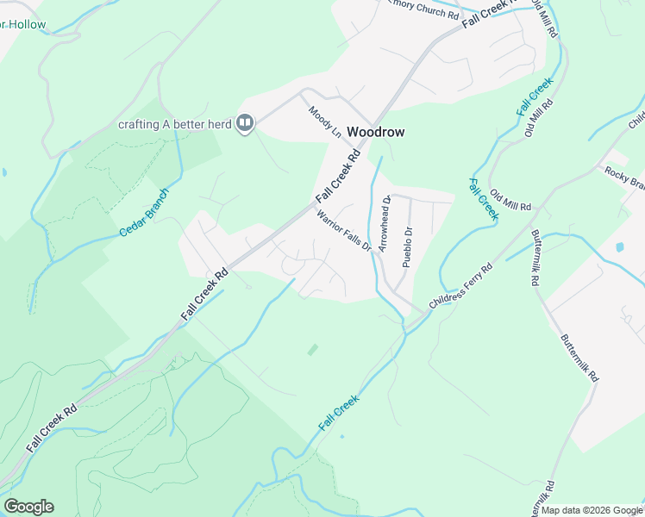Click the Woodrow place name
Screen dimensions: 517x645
tap(375, 133)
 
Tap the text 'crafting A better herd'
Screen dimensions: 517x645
tap(175, 124)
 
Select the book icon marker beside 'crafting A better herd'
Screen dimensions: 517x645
tap(246, 124)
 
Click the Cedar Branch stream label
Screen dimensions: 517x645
tap(143, 213)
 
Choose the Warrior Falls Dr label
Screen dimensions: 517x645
tap(343, 231)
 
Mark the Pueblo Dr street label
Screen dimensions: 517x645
tap(408, 245)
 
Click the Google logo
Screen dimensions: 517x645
tap(28, 507)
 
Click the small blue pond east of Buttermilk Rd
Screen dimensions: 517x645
tap(619, 247)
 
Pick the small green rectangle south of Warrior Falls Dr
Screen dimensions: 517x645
tap(312, 350)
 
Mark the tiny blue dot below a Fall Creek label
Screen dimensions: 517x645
tap(342, 436)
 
